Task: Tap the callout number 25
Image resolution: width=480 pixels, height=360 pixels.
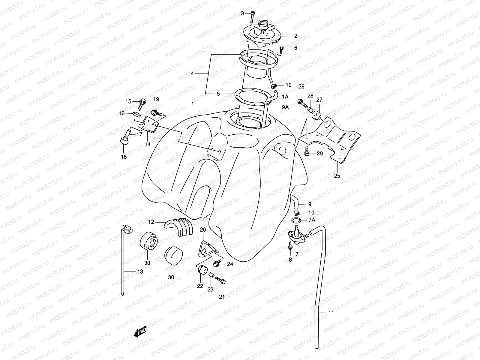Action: point(337,176)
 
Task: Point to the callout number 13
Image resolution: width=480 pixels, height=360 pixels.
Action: point(140,272)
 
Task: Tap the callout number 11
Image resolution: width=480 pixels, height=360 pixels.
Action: point(331,312)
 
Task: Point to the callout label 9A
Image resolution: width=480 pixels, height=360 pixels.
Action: point(285,106)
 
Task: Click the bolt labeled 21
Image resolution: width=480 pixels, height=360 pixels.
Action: point(221,280)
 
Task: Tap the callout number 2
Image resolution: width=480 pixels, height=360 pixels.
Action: point(296,36)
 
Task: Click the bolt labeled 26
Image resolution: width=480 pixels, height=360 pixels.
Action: point(302,103)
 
